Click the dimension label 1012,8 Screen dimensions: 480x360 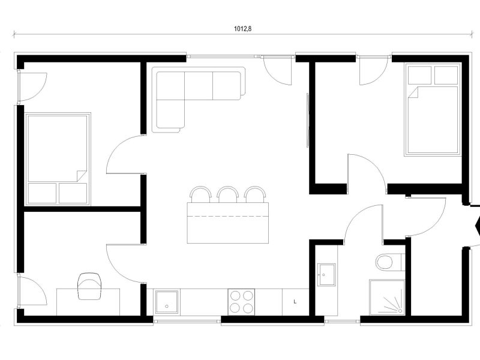[243, 29]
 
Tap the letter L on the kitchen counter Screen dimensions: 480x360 [295, 302]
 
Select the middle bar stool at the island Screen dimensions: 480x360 [228, 194]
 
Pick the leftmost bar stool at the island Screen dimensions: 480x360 [200, 194]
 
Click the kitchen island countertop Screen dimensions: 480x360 [228, 223]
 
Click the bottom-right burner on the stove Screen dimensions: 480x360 [248, 307]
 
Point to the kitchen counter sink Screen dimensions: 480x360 [167, 302]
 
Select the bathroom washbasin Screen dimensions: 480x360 [326, 275]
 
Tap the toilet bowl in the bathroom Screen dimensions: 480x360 [384, 262]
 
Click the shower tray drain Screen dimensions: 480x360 [400, 311]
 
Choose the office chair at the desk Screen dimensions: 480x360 [89, 286]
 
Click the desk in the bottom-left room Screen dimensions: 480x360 [88, 302]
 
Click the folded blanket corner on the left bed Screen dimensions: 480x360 [82, 176]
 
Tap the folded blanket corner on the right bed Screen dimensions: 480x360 [413, 92]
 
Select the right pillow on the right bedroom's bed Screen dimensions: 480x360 [446, 75]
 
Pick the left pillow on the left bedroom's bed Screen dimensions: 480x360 [42, 193]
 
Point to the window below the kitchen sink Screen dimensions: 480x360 [187, 321]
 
